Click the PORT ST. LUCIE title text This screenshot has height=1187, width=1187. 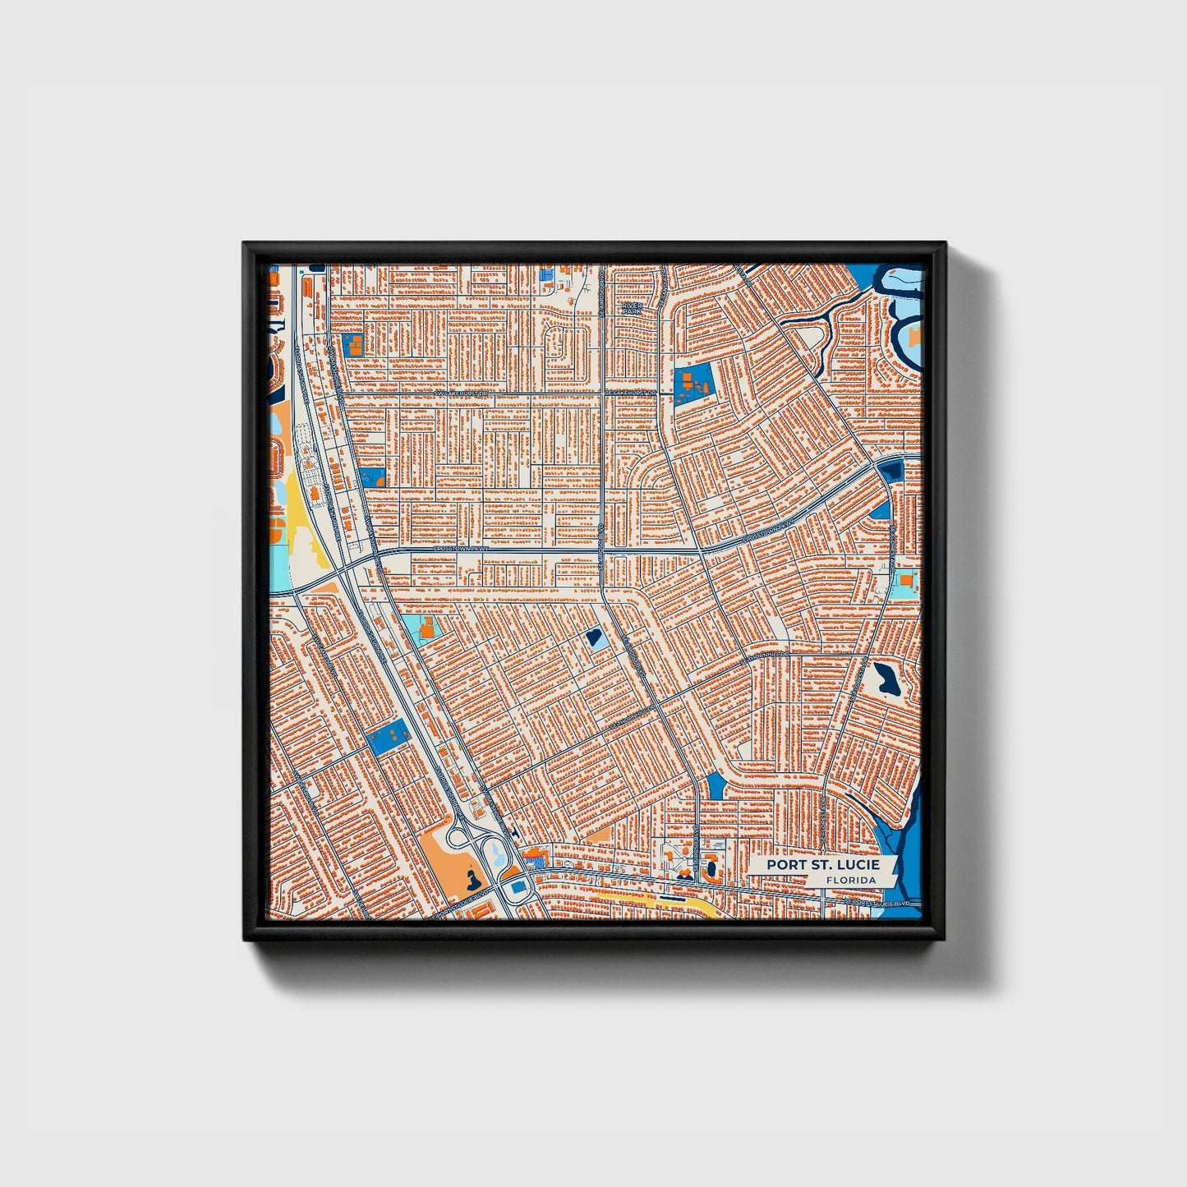coord(823,865)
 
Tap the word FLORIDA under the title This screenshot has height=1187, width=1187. coord(851,880)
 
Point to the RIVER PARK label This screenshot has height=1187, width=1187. coord(631,309)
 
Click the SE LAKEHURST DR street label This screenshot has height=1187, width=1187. coord(631,393)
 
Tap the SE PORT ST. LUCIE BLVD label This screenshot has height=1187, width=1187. coord(878,904)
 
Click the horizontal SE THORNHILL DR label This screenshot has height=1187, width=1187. coord(768,655)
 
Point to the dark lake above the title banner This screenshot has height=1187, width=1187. coord(885,679)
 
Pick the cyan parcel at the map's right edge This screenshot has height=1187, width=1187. coord(905,584)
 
